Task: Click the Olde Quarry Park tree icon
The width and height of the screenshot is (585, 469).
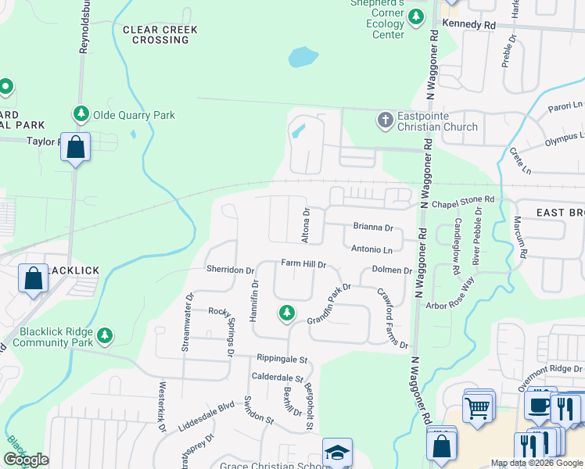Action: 81,115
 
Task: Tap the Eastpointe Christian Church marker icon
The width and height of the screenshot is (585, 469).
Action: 384,120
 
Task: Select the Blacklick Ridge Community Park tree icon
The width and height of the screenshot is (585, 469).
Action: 103,336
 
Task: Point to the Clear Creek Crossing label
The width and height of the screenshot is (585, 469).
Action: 160,34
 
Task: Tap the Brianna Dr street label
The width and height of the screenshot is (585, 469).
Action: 372,227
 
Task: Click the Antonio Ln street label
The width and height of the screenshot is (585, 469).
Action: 371,250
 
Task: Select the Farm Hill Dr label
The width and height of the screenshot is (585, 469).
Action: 303,265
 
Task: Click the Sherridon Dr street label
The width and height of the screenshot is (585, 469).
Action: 231,270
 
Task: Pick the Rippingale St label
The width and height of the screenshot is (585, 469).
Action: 283,360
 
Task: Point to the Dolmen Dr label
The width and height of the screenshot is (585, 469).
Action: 392,270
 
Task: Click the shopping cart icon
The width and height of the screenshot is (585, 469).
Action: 477,406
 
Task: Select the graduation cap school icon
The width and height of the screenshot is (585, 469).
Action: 337,452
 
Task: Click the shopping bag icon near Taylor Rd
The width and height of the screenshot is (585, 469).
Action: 76,146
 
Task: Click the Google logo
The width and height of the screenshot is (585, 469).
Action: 26,460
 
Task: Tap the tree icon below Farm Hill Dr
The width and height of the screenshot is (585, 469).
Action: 287,313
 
